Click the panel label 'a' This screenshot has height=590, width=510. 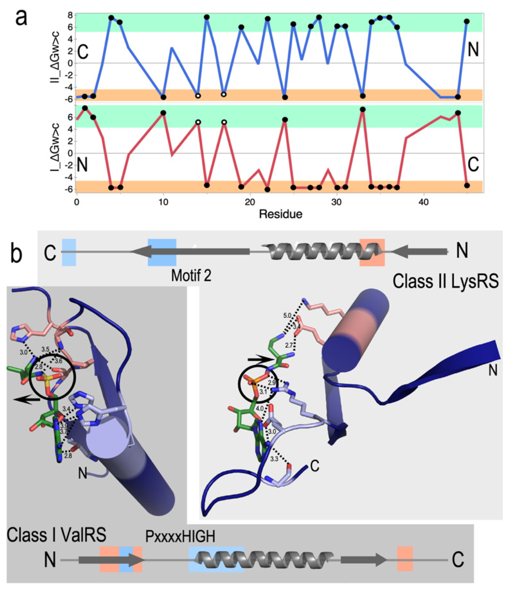tap(21, 18)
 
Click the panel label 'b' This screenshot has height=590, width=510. tap(16, 254)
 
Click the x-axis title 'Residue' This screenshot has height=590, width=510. tap(280, 214)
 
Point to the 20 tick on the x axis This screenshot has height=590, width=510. tap(250, 202)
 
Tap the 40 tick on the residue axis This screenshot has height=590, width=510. tap(424, 202)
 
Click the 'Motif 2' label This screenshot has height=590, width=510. tap(191, 276)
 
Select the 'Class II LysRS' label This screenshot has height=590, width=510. tap(445, 281)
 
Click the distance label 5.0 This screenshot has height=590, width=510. tap(287, 315)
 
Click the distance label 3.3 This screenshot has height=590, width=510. tap(274, 459)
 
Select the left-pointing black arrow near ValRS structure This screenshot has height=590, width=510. tap(27, 400)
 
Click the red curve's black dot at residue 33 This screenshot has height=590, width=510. tap(363, 109)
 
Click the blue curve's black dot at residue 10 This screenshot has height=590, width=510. tap(163, 97)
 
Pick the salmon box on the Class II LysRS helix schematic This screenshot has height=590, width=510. tap(372, 252)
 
